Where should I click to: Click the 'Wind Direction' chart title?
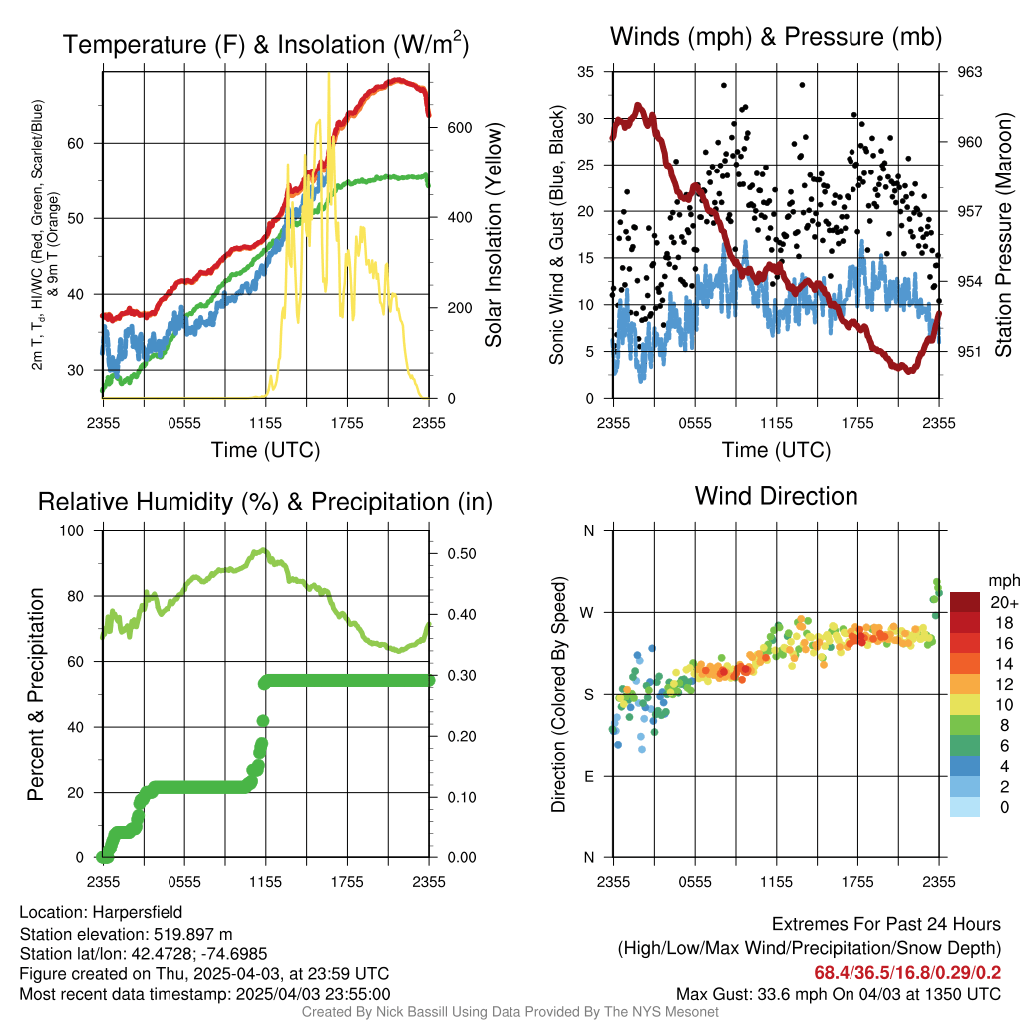coord(776,496)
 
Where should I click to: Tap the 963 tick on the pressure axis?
coord(970,72)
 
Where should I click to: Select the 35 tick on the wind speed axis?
coord(586,72)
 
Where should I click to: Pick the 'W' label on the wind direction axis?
coord(588,612)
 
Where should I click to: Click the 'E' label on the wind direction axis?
coord(589,776)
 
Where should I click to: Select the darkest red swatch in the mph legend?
coord(964,602)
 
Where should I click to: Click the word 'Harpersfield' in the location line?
coord(138,912)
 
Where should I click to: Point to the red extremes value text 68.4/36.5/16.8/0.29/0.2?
coord(907,972)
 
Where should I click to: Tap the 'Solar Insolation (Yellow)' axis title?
coord(494,234)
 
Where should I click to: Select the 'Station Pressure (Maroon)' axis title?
coord(1004,234)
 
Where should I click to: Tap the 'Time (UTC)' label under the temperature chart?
coord(265,450)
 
